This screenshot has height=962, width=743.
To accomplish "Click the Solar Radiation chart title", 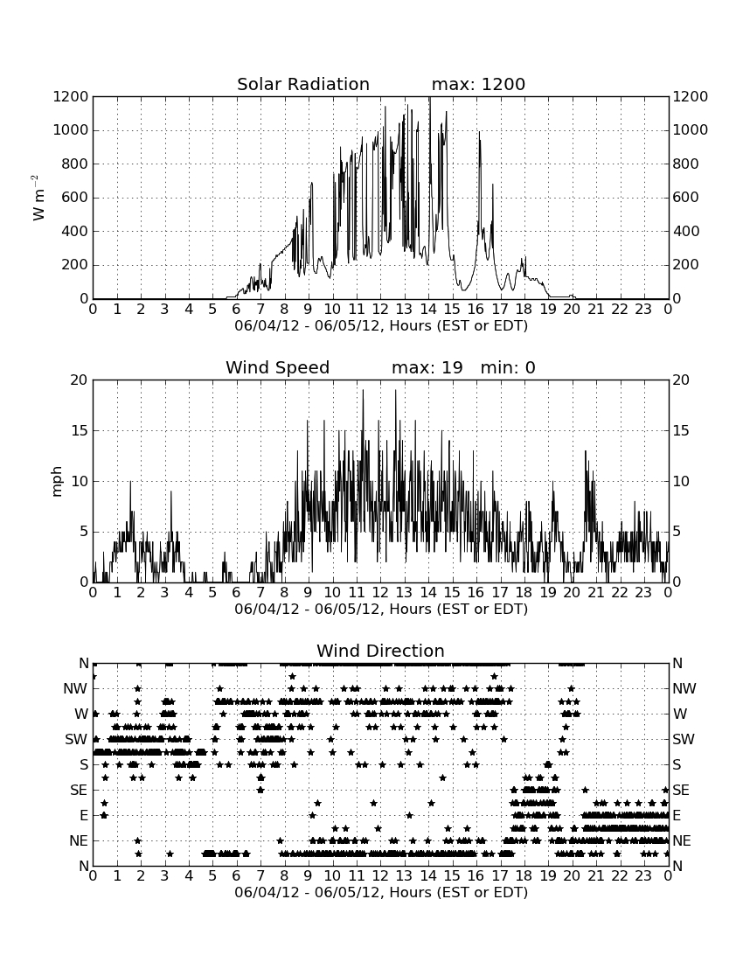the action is point(302,84).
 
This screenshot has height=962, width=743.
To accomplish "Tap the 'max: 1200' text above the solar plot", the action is point(478,84).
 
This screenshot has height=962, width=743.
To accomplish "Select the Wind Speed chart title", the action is point(277,367).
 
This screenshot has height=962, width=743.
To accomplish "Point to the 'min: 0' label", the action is point(508,367).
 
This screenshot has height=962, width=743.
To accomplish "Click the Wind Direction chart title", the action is point(380,651).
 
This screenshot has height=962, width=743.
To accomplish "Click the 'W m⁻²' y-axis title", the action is point(38,198).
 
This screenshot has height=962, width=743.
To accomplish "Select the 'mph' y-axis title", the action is point(57,482).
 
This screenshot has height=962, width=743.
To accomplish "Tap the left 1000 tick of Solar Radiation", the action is point(71,130).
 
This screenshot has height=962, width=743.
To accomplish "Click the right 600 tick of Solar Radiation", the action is point(685,198).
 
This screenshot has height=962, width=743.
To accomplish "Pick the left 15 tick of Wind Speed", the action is point(80,430).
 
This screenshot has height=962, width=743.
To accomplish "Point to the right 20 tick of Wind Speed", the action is point(681,380).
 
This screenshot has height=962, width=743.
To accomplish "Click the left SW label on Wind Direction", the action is point(77,739).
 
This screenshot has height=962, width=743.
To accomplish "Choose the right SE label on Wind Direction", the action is point(681,791).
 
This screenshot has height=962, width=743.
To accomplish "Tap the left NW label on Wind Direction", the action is point(75,688).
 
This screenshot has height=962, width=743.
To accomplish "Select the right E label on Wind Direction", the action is point(677,815).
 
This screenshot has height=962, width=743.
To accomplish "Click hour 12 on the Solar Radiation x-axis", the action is point(380,310).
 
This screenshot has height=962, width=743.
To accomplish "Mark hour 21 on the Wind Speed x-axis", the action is point(596,593).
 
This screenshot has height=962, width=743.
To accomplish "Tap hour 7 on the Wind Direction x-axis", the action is point(260,876).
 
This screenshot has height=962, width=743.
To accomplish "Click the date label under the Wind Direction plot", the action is point(381,892).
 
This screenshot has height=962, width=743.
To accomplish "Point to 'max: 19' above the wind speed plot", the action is point(427,367).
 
